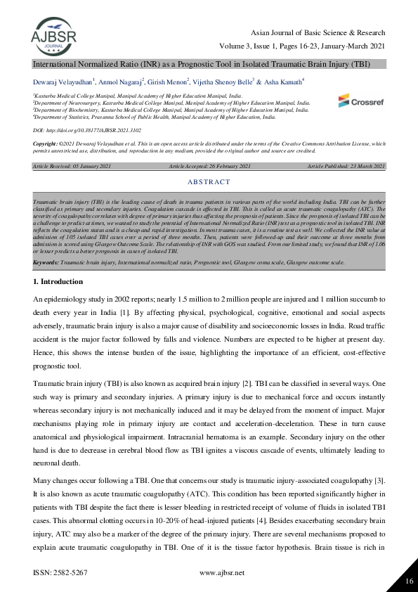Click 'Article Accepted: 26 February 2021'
(209, 165)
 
